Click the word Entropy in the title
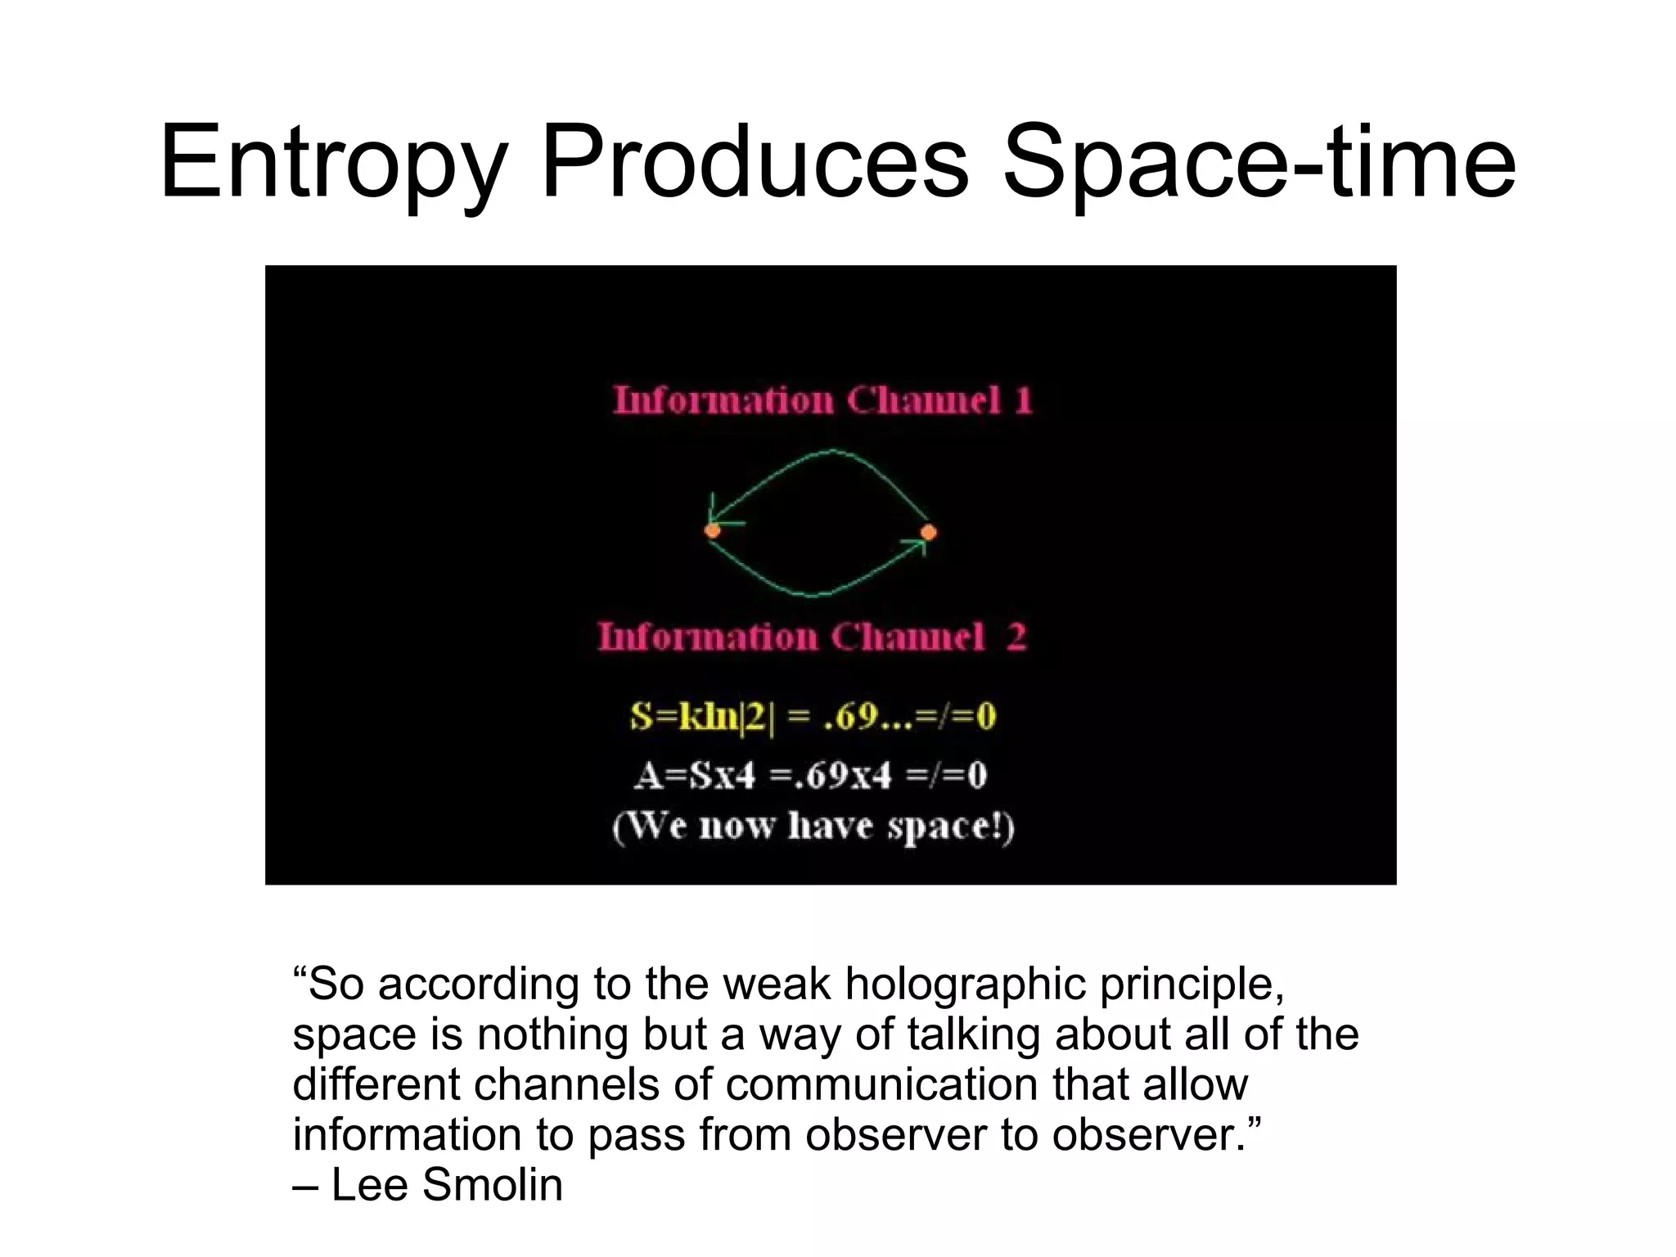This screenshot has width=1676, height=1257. tap(331, 164)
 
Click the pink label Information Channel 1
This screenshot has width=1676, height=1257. tap(822, 401)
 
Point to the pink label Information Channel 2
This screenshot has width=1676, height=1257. tap(811, 638)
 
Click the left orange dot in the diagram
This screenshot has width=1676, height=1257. tap(713, 531)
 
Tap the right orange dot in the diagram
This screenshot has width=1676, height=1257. tap(928, 533)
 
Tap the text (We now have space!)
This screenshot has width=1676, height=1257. tap(813, 827)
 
